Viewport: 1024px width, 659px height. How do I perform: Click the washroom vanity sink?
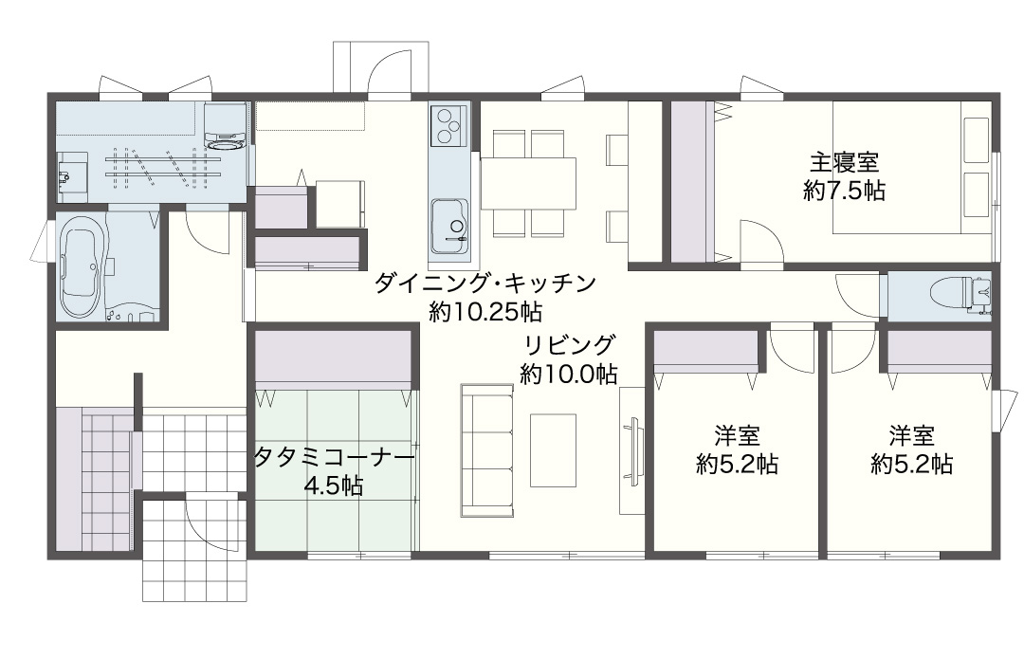(72, 175)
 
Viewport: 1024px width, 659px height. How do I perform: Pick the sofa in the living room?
(486, 450)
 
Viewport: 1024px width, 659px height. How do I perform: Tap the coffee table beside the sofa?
(553, 450)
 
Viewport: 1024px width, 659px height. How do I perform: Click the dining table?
(528, 184)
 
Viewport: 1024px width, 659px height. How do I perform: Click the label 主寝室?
(844, 162)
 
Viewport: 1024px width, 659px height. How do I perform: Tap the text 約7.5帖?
(845, 191)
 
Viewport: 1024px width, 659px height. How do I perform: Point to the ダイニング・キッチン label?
(485, 284)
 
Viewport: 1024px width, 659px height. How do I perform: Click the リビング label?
(569, 344)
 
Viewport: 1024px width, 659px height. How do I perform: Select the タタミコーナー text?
(334, 456)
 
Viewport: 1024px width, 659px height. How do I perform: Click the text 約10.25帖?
(485, 313)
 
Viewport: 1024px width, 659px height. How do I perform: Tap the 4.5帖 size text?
(334, 485)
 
